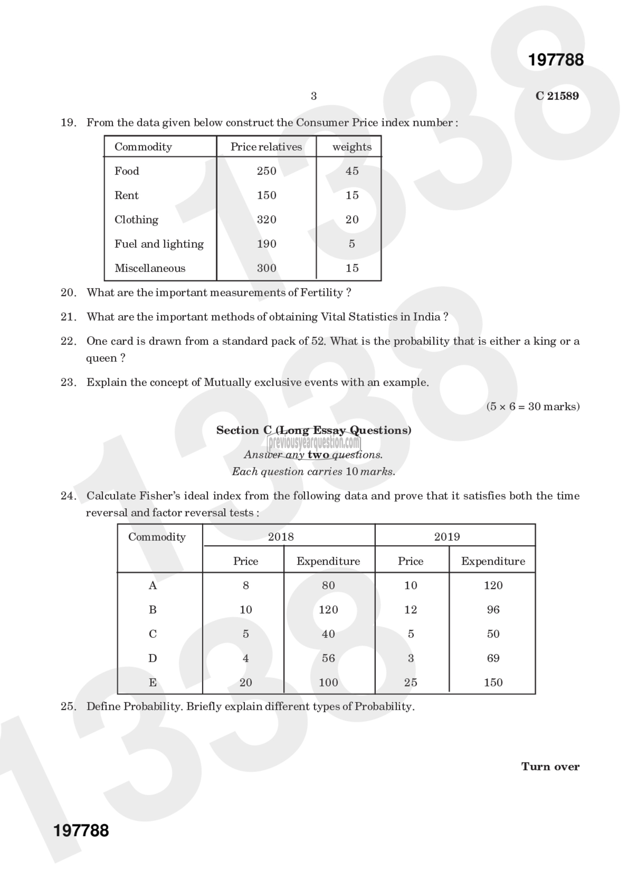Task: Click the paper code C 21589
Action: click(x=557, y=96)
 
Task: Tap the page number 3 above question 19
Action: click(x=313, y=96)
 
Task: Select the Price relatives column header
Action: click(x=266, y=147)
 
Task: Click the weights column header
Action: click(x=352, y=147)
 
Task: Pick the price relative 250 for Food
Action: click(x=267, y=171)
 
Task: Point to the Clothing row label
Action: click(x=136, y=220)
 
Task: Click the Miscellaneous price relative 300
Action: click(x=267, y=268)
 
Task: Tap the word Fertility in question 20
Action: click(x=322, y=293)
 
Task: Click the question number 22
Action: click(x=68, y=341)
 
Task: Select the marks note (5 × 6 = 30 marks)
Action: click(x=533, y=406)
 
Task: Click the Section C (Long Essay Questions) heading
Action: click(x=313, y=430)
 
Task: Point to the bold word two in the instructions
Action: click(x=318, y=455)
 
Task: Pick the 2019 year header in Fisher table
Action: click(x=447, y=537)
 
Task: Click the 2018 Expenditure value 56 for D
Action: click(x=328, y=658)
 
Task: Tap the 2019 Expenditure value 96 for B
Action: click(x=493, y=610)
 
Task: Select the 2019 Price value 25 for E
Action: click(x=410, y=683)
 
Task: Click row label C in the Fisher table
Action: click(x=153, y=634)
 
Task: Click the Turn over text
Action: click(x=550, y=767)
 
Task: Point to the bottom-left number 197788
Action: click(x=81, y=831)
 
